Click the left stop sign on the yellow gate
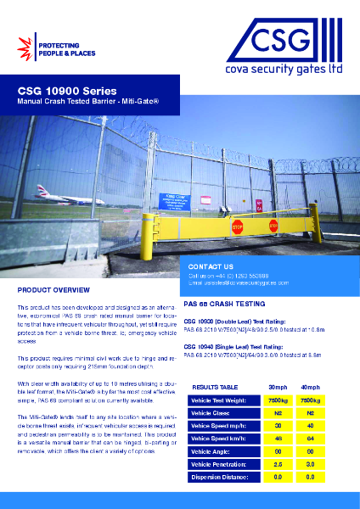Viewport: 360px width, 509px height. [238, 227]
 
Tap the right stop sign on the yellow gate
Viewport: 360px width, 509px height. [273, 227]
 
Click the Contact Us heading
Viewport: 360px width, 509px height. [210, 266]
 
